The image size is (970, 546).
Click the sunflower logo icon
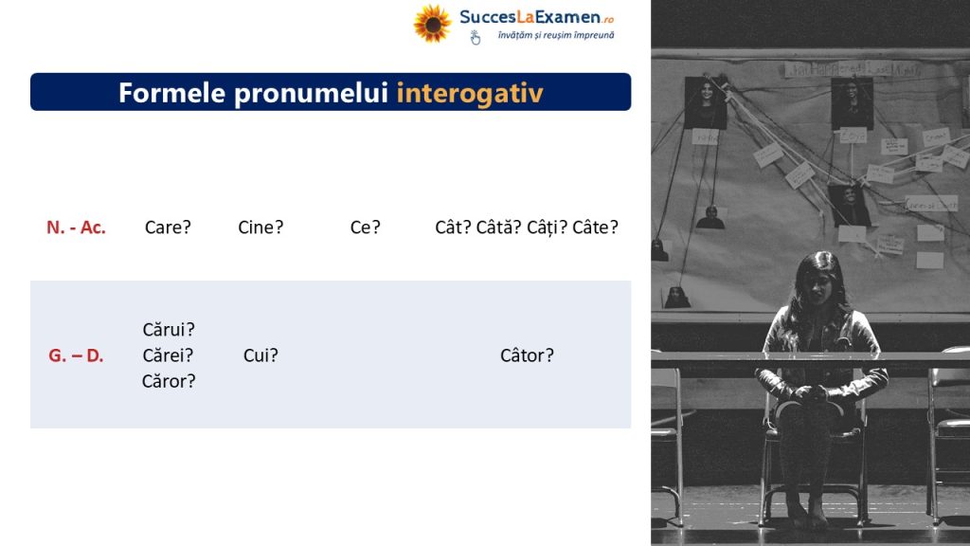coord(432,24)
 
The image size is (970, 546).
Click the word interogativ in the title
coord(470,93)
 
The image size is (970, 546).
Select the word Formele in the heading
coord(172,93)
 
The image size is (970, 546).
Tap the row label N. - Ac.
coord(76,227)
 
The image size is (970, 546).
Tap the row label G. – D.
coord(76,356)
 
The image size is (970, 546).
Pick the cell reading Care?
coord(168,227)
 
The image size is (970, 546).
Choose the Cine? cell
coord(260,227)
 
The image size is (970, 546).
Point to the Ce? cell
coord(365,227)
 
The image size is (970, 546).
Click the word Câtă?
coord(498,227)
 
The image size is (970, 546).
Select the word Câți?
coord(547,227)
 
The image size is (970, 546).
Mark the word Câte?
coord(595,227)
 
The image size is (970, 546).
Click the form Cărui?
coord(169,329)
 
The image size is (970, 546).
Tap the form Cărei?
coord(168,355)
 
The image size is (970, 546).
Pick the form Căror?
coord(169,381)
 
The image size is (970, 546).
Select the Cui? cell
coord(260,355)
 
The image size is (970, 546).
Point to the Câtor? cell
coord(527,355)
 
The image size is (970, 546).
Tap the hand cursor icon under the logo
coord(475,38)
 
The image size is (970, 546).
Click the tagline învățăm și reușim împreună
coord(555,35)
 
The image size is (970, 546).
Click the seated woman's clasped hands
coord(811,392)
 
